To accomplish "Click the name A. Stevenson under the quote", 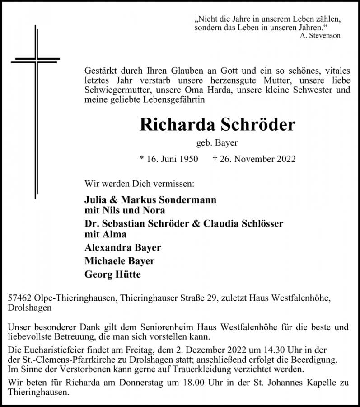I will [x=320, y=36].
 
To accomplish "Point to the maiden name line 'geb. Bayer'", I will [x=217, y=143].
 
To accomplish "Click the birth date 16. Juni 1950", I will [x=169, y=159].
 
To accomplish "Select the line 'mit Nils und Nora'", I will [x=125, y=210].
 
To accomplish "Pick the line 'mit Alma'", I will [x=106, y=234].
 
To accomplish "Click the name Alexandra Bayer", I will [x=123, y=248].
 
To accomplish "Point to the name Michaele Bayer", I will [x=119, y=261].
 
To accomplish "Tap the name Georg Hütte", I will [x=112, y=274].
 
